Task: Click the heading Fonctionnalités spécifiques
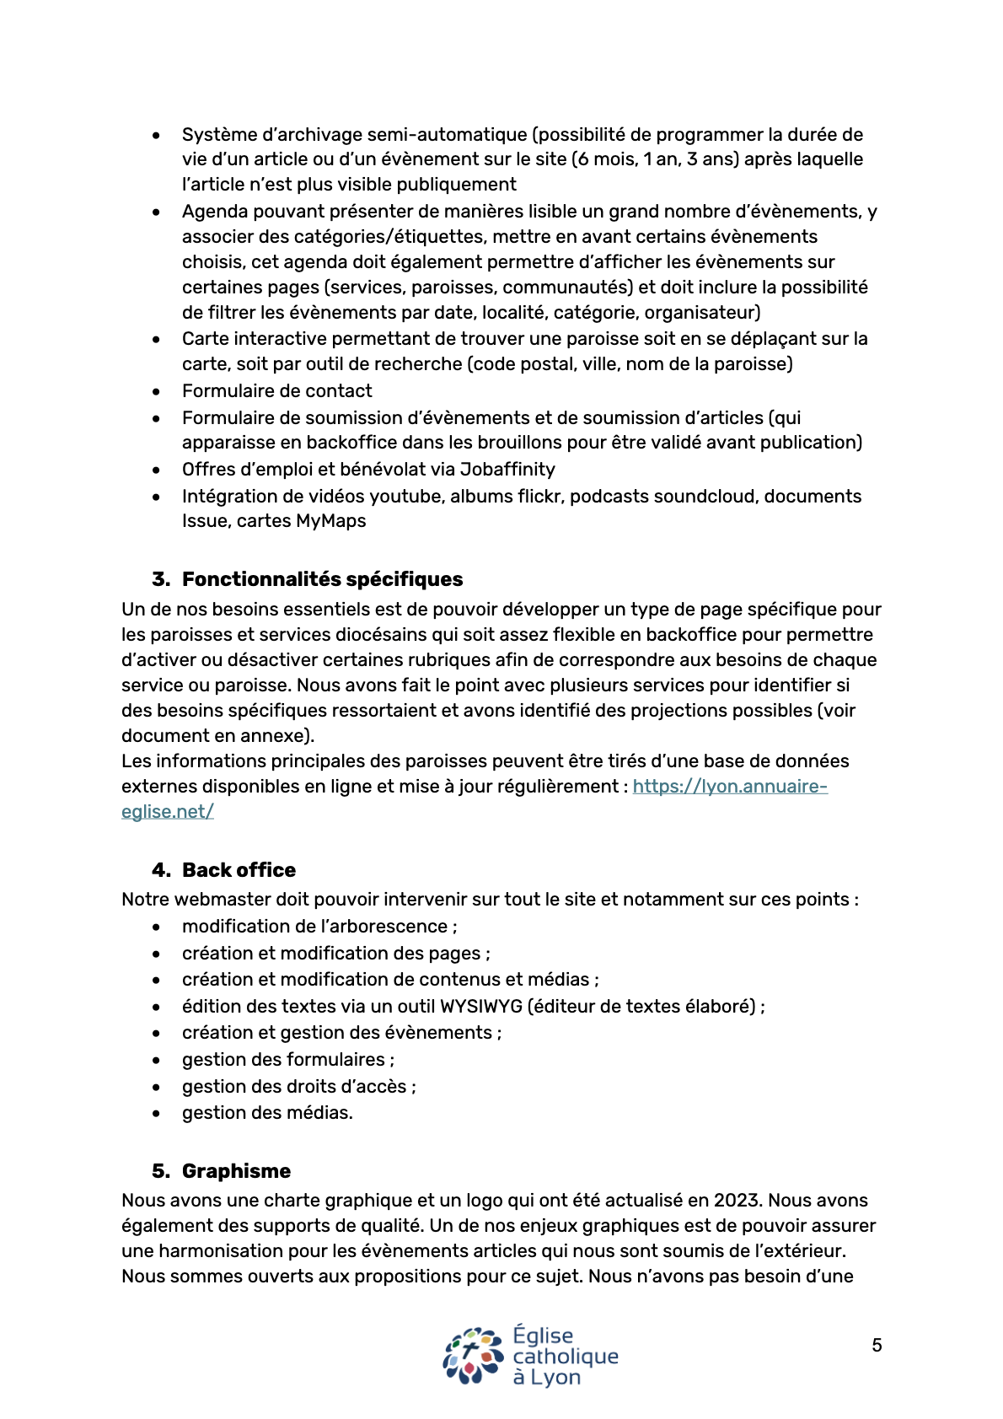point(322,579)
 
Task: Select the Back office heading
point(239,870)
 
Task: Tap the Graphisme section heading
point(236,1171)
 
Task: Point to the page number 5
point(877,1346)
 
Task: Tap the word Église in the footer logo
point(543,1336)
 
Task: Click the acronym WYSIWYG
point(480,1006)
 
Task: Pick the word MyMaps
point(330,521)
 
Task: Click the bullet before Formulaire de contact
point(157,391)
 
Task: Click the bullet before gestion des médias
point(157,1114)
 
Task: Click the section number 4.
point(160,870)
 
